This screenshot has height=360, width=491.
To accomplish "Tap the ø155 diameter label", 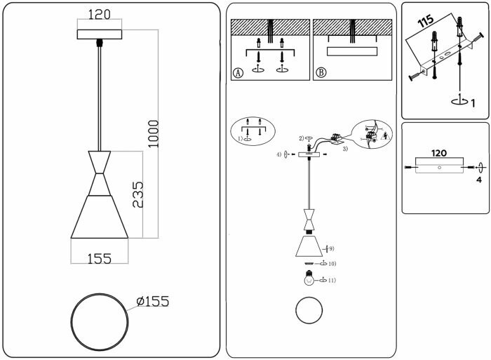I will click(153, 302).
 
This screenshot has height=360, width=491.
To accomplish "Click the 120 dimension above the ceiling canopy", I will click(101, 14).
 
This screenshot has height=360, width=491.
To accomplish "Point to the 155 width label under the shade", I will click(100, 258).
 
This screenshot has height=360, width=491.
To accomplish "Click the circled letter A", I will click(238, 72).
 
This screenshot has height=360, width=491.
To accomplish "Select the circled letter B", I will click(321, 72).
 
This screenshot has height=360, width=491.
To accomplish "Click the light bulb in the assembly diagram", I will click(308, 279).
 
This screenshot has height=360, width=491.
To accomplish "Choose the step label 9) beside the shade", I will click(331, 248).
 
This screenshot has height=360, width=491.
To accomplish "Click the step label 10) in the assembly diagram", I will click(331, 264).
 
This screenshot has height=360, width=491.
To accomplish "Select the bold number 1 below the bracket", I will click(473, 104).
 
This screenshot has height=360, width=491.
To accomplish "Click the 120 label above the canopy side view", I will click(439, 152).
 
